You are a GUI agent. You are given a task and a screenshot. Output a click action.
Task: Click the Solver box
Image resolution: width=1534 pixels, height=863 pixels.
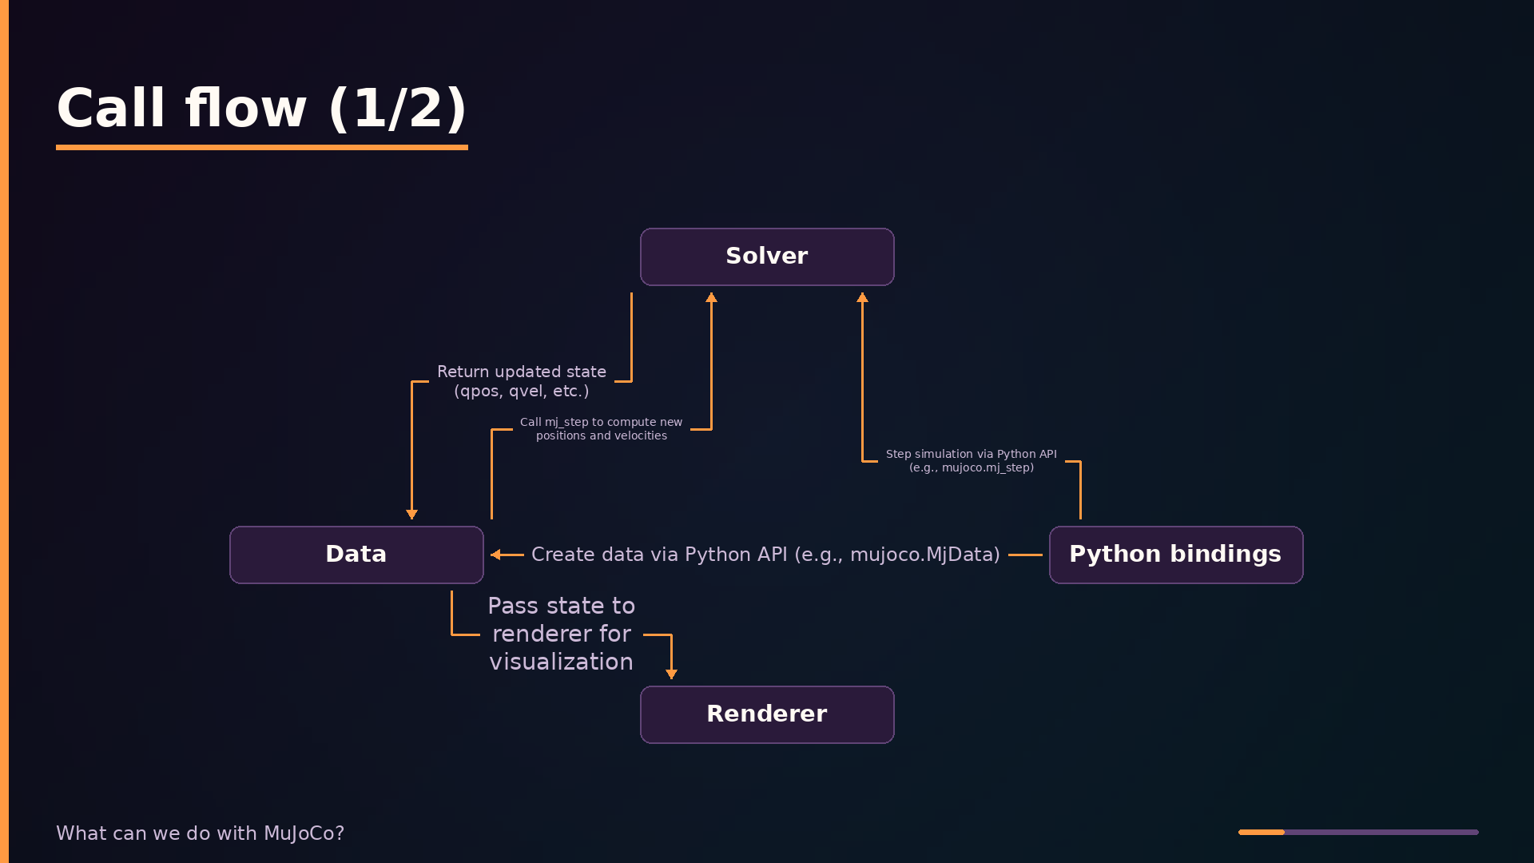click(x=767, y=257)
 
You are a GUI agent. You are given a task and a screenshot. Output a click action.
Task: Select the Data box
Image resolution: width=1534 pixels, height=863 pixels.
click(x=356, y=555)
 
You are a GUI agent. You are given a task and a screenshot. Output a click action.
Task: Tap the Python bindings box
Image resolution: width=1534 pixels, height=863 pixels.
click(x=1176, y=555)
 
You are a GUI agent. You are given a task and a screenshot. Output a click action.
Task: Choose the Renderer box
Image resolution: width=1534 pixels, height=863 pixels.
click(x=767, y=714)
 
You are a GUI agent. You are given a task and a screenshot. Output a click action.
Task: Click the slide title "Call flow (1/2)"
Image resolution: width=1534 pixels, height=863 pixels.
click(x=261, y=108)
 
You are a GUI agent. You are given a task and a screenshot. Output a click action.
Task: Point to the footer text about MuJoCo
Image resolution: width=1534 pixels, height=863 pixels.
click(x=200, y=833)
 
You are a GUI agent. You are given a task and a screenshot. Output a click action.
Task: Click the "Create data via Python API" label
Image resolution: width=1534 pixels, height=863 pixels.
click(x=765, y=555)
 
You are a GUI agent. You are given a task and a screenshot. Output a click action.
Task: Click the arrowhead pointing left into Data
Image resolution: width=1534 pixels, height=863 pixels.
click(x=495, y=555)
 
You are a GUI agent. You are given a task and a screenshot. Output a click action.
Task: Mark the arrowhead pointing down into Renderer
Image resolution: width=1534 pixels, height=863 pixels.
click(x=671, y=674)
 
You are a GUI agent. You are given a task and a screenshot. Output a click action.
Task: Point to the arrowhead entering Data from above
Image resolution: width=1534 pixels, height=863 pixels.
click(x=411, y=515)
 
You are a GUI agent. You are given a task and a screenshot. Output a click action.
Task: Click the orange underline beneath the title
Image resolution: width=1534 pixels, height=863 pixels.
click(x=262, y=147)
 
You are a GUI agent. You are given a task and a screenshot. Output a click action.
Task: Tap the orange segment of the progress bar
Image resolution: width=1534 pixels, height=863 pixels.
click(x=1262, y=832)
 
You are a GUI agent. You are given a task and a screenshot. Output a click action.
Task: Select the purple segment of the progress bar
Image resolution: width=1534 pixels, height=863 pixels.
click(x=1381, y=832)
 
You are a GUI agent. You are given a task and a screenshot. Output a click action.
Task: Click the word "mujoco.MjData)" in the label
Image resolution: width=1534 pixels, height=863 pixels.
click(x=925, y=555)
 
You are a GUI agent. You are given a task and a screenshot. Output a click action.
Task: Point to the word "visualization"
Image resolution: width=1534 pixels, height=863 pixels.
click(x=562, y=662)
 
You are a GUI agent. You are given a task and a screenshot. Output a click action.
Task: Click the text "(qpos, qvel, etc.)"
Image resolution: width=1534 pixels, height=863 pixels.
click(x=522, y=392)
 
